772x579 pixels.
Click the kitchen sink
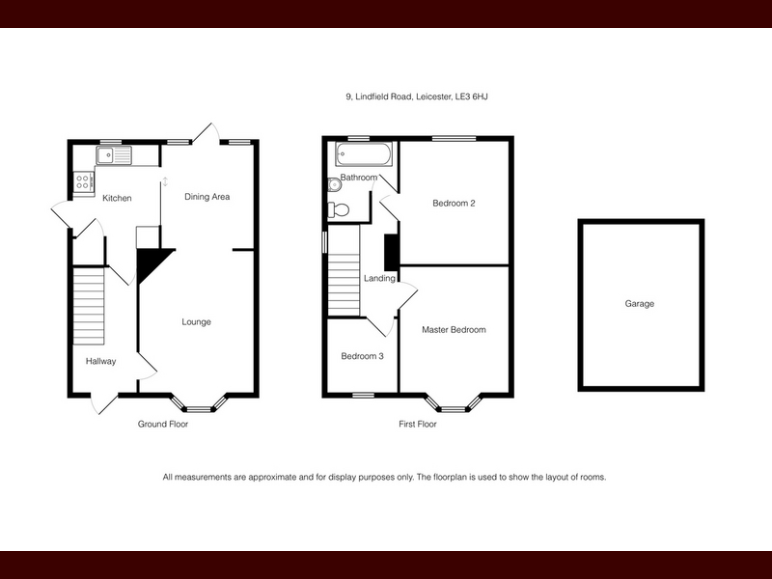point(114,155)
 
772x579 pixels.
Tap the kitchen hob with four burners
point(83,181)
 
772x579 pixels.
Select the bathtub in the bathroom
point(364,154)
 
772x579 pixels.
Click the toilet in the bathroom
point(339,209)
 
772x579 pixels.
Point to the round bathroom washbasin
point(334,185)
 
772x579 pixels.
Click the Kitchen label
point(117,198)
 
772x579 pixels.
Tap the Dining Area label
point(207,197)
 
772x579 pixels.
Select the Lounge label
point(197,322)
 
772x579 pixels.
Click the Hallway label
point(101,361)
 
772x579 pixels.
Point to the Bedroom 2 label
point(454,203)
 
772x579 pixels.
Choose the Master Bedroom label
point(454,330)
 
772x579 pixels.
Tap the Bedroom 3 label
point(363,356)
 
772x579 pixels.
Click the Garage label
point(640,304)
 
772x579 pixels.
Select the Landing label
point(379,279)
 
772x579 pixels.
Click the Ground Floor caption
point(163,424)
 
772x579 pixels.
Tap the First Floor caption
point(418,424)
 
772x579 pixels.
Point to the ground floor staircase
point(89,306)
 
